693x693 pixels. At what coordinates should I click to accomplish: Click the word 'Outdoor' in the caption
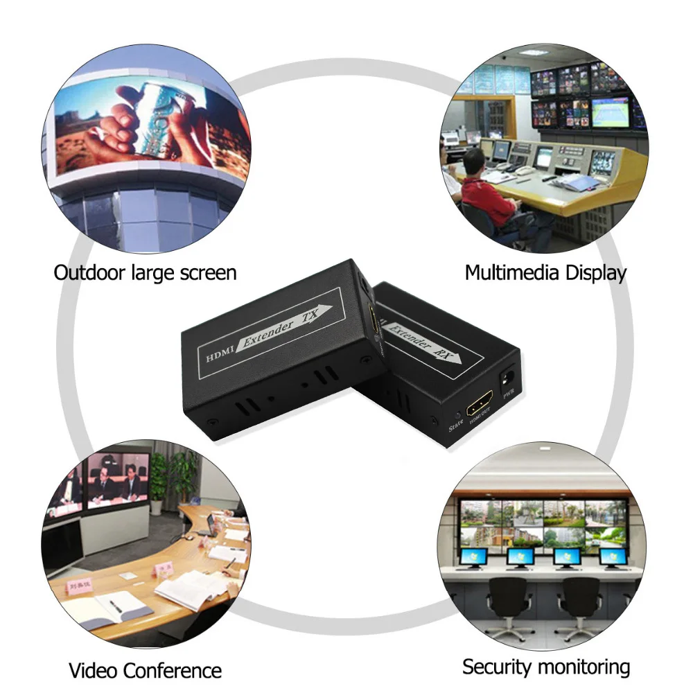pyautogui.click(x=89, y=272)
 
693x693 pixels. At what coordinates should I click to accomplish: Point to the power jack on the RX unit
pyautogui.click(x=507, y=378)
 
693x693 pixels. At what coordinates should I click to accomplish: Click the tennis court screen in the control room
pyautogui.click(x=610, y=112)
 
